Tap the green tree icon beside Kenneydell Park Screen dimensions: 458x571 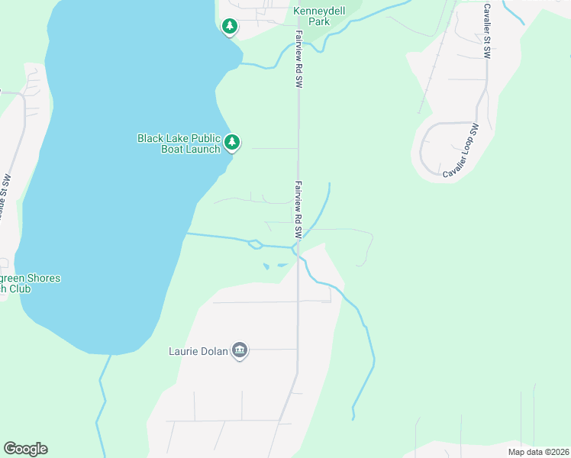point(229,27)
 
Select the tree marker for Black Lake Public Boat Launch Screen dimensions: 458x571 point(232,143)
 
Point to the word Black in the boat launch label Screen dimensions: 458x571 point(150,138)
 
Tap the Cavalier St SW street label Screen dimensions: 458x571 point(487,31)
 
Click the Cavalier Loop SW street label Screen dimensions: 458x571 point(460,151)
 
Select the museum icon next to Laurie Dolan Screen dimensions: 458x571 point(240,351)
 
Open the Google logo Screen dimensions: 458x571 point(25,449)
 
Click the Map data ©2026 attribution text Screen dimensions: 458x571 point(537,452)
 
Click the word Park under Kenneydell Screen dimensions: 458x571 point(319,21)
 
